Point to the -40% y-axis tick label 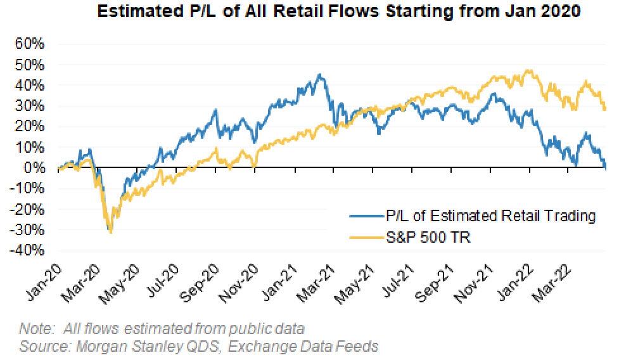tap(27, 250)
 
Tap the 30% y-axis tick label tap(29, 106)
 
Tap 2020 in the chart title tap(560, 11)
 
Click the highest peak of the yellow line tap(528, 70)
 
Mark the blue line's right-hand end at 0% tap(606, 168)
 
